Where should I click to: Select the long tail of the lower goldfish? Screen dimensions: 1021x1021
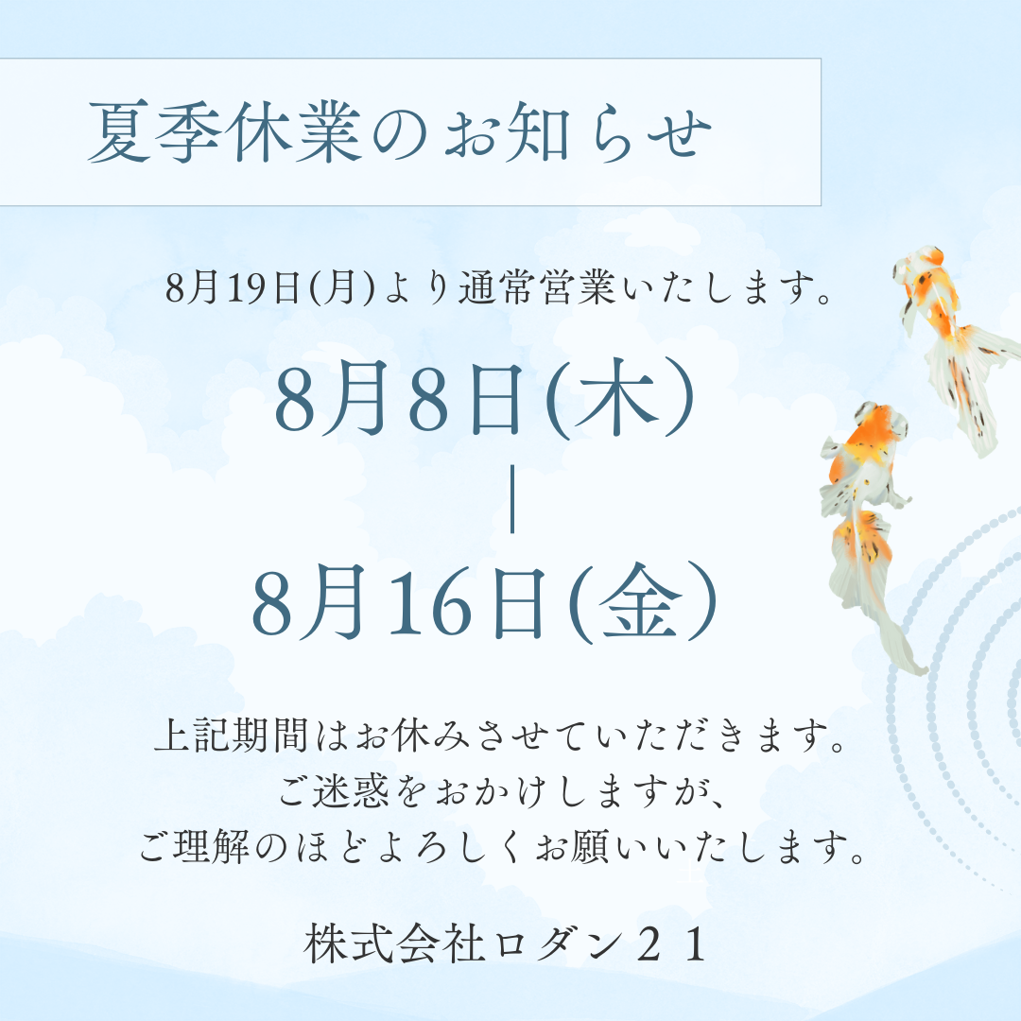click(x=884, y=614)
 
